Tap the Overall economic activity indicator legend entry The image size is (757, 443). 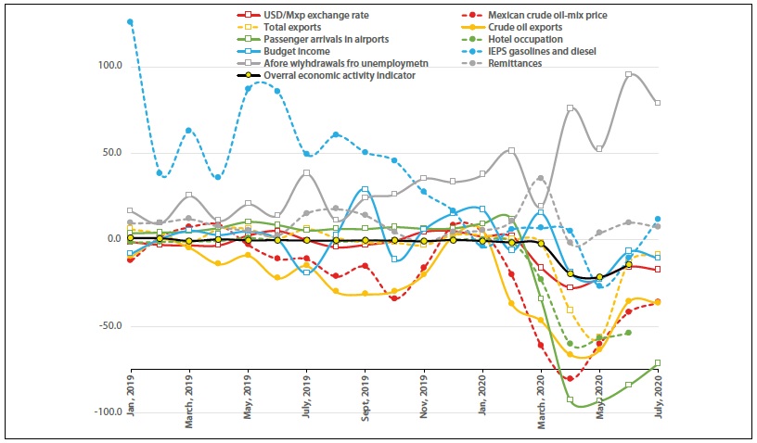pos(340,76)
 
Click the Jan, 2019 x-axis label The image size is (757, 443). pos(131,391)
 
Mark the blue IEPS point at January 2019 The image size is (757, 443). pos(131,21)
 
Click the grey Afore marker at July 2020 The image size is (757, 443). pos(658,103)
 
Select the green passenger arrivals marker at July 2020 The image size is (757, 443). pos(658,363)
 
